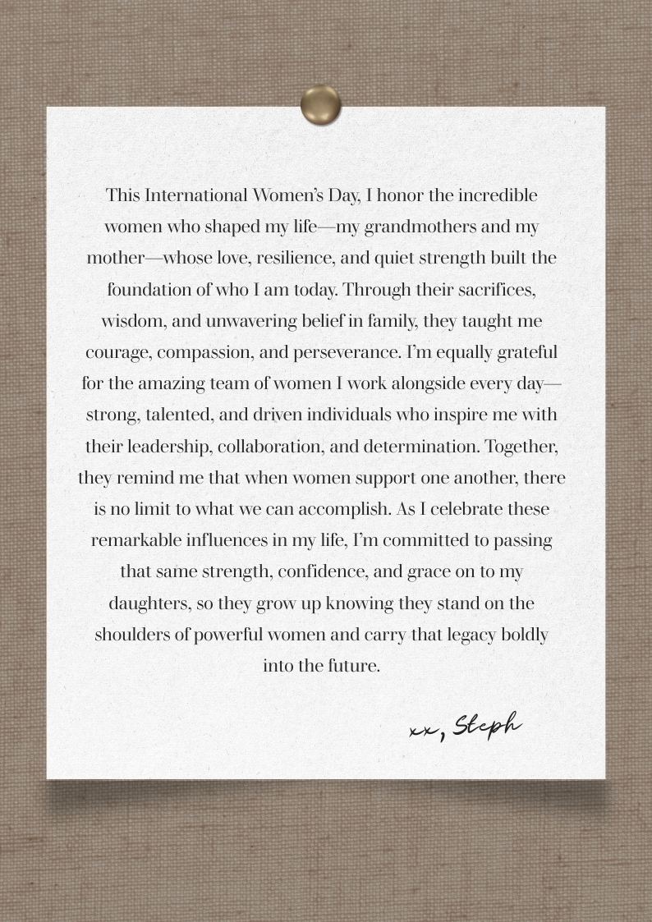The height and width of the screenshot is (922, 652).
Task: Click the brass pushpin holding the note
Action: [320, 104]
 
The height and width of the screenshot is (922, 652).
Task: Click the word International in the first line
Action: [195, 195]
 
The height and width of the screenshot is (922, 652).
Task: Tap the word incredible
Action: [498, 195]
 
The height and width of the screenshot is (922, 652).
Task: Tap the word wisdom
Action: [131, 321]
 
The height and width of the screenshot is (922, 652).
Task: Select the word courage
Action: [117, 352]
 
